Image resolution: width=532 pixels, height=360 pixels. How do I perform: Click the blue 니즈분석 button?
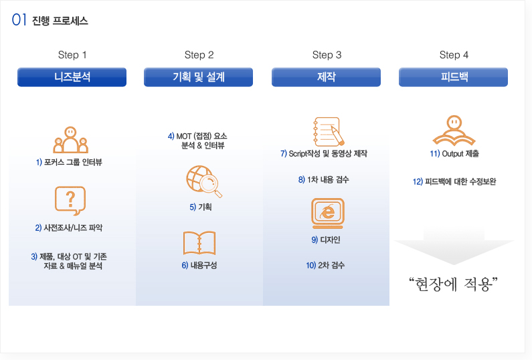tap(72, 77)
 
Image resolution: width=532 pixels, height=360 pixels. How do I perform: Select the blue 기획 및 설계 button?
tap(199, 77)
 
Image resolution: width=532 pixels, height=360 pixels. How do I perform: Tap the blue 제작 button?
tap(326, 77)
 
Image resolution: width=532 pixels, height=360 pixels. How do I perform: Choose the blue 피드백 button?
tap(453, 77)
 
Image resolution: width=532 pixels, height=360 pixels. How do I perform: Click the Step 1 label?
tap(72, 55)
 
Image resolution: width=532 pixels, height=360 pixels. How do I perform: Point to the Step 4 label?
tap(454, 55)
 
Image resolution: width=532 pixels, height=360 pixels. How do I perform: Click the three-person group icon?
tap(70, 140)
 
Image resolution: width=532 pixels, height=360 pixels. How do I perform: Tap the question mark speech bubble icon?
tap(70, 201)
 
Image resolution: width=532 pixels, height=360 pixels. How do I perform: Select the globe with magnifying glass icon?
tap(203, 181)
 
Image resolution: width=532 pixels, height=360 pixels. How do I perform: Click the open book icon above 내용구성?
tap(199, 243)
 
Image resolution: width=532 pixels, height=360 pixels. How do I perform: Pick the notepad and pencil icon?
tap(329, 132)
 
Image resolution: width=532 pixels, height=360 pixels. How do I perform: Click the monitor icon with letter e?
tap(328, 213)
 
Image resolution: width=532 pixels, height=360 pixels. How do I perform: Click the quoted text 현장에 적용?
tap(453, 284)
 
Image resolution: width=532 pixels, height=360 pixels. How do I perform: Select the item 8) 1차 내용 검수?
tap(324, 179)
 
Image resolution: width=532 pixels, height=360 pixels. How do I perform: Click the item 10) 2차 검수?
tap(325, 266)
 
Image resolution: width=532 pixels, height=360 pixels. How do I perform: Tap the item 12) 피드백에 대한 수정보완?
tap(454, 181)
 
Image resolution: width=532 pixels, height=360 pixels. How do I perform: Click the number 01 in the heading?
tap(19, 20)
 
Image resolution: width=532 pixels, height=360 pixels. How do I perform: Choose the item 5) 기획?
tap(201, 207)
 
